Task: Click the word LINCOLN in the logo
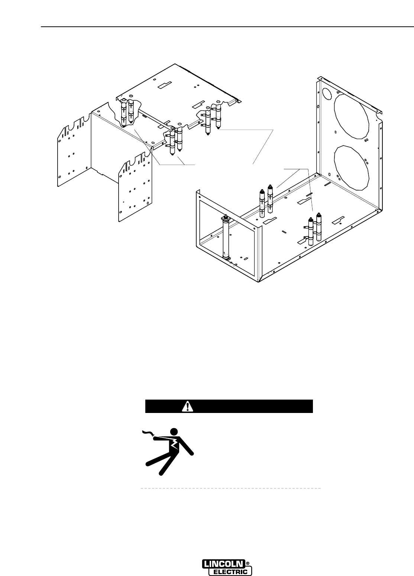(224, 564)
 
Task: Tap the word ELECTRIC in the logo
(230, 572)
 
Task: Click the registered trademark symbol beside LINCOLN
(248, 563)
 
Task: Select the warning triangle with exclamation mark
(188, 407)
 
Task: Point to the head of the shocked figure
(174, 432)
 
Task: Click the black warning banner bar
(229, 406)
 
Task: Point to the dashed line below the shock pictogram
(230, 488)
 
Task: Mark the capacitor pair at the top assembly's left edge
(127, 111)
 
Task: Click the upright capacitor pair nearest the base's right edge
(314, 228)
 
